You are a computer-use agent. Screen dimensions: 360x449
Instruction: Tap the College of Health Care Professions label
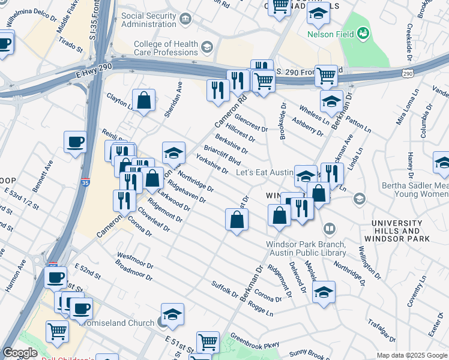click(x=166, y=47)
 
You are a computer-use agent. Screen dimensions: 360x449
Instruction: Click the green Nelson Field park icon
click(x=363, y=34)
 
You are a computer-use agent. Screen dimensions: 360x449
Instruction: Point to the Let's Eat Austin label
click(x=265, y=172)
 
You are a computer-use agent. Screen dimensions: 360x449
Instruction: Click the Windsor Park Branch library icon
click(x=330, y=229)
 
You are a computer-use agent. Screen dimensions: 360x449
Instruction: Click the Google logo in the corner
click(x=19, y=353)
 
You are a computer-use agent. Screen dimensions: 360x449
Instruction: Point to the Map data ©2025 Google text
click(x=411, y=355)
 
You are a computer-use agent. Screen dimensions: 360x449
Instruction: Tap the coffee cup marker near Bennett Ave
click(x=75, y=142)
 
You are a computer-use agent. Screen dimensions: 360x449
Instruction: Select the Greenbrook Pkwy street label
click(x=255, y=340)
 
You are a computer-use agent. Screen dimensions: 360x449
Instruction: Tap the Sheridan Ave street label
click(x=178, y=94)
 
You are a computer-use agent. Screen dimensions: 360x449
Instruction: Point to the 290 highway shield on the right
click(x=408, y=73)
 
